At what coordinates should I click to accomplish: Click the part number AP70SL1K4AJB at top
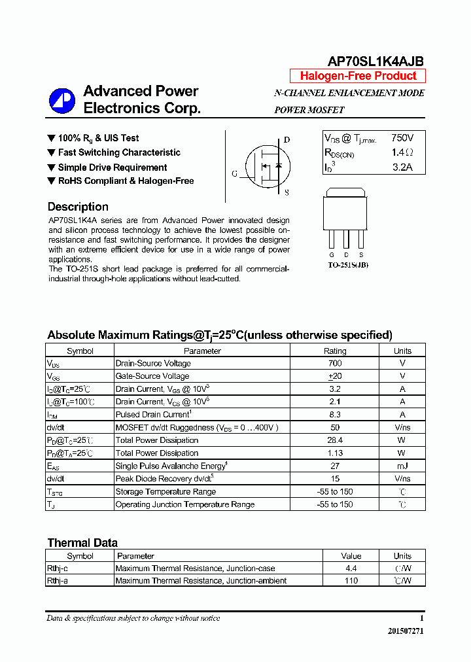(375, 61)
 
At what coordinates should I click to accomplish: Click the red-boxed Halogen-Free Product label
(358, 76)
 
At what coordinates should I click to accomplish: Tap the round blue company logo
(62, 100)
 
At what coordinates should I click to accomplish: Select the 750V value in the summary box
(402, 138)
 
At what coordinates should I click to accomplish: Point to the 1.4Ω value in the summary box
(402, 152)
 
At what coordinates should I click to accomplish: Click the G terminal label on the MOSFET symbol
(234, 174)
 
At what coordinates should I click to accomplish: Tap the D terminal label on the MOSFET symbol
(287, 140)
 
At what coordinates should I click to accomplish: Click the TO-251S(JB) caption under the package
(348, 265)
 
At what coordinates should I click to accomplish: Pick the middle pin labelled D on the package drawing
(346, 254)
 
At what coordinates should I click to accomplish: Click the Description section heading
(78, 207)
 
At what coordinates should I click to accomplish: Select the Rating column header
(335, 351)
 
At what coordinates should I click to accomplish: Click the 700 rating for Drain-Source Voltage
(335, 363)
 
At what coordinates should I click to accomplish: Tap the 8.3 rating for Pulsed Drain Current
(335, 414)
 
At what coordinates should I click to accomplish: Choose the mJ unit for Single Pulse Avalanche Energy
(402, 466)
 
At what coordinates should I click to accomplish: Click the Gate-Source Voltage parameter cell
(152, 376)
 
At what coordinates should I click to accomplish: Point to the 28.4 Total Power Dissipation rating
(335, 440)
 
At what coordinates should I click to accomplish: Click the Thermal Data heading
(82, 543)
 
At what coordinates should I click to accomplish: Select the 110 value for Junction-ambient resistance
(351, 581)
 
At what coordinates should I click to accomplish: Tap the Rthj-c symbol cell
(58, 568)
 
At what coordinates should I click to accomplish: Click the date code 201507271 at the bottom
(406, 631)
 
